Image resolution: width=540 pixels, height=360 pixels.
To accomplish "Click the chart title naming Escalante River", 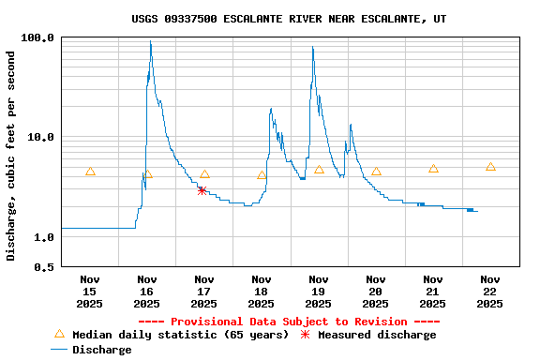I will click(289, 19).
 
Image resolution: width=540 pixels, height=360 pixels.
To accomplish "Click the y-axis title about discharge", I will click(10, 156).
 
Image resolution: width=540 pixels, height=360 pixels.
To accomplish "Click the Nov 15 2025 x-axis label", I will click(90, 291).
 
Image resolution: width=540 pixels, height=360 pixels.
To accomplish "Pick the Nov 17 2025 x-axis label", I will click(204, 291).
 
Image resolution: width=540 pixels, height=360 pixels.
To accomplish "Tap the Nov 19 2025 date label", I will click(319, 291).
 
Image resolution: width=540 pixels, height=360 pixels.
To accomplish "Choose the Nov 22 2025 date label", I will click(489, 291).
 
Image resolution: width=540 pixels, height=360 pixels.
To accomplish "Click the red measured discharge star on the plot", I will click(202, 190).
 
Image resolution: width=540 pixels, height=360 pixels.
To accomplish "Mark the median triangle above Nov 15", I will click(90, 172).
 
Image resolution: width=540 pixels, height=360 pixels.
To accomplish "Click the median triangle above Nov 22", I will click(490, 167).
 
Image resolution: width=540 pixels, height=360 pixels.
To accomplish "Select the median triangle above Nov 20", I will click(376, 172).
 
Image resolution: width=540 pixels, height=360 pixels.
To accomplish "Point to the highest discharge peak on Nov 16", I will click(150, 42).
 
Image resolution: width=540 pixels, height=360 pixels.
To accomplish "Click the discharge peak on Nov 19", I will click(312, 48).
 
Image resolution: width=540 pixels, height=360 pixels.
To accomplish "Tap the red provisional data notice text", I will click(289, 322).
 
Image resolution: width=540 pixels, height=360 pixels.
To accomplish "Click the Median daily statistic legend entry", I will click(169, 335).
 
